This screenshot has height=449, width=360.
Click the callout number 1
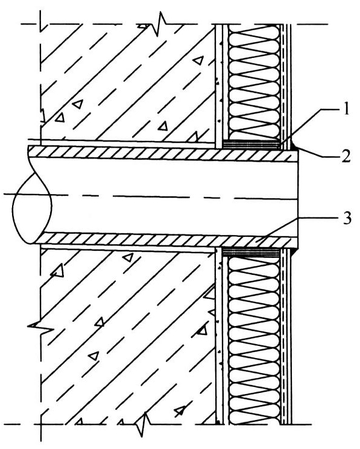[x=346, y=110]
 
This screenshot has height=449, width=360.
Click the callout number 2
[x=346, y=156]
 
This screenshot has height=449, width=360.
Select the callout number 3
[x=346, y=219]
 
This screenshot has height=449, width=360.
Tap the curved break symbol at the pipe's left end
[x=31, y=195]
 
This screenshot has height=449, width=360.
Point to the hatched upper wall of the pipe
[x=163, y=152]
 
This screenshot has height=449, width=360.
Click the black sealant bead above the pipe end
[x=294, y=146]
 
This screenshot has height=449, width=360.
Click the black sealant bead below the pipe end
[x=293, y=251]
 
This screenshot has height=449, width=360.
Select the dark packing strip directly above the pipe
[x=251, y=144]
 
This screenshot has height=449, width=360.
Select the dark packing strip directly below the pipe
[x=251, y=252]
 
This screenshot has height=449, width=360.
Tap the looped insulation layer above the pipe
[x=254, y=82]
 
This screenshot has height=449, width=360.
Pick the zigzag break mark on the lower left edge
[x=41, y=327]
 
